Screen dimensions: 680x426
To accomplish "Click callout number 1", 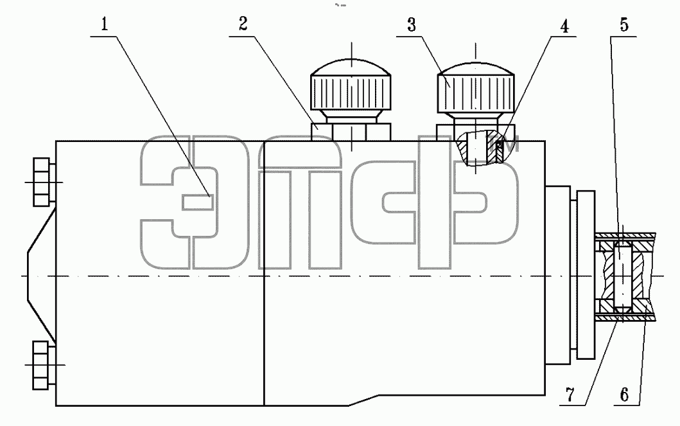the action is point(104,24).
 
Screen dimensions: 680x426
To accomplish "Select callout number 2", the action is point(243,24).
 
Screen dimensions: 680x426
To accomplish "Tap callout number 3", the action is point(412,25).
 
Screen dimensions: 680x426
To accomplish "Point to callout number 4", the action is point(564,26).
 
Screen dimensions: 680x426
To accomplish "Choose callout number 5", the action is point(623,24).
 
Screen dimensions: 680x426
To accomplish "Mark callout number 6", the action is point(623,395).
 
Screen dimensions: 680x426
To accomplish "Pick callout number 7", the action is point(570,395).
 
